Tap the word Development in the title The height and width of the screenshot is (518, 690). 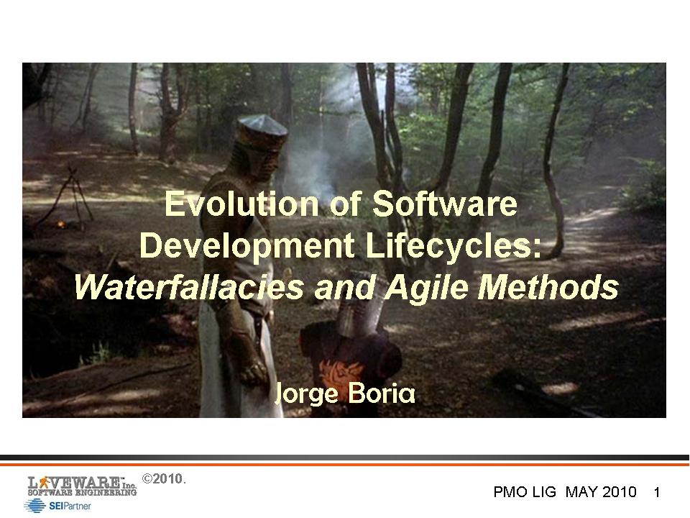click(247, 246)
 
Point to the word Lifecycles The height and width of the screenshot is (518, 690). click(454, 246)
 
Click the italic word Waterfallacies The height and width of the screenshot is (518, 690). click(189, 287)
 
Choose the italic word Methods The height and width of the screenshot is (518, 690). click(548, 287)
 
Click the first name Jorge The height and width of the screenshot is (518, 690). click(306, 394)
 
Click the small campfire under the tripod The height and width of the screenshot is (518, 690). click(61, 224)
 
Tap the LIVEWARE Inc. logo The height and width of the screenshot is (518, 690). click(82, 486)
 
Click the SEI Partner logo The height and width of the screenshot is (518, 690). click(57, 506)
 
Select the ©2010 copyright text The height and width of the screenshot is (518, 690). click(164, 479)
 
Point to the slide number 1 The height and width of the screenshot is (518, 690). click(656, 492)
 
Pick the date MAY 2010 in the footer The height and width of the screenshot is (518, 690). click(601, 491)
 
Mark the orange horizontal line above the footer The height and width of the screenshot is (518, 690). click(345, 464)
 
